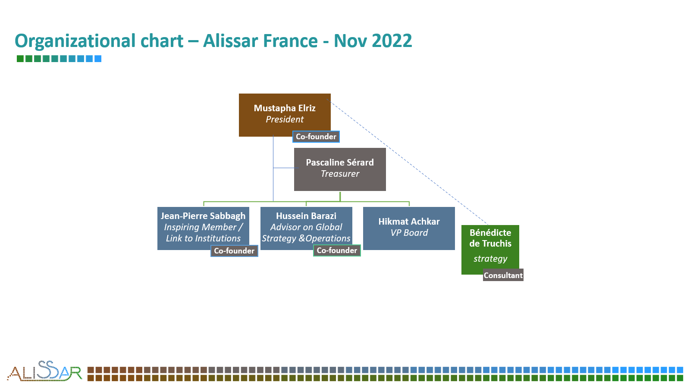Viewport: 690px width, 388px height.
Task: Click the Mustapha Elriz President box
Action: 285,115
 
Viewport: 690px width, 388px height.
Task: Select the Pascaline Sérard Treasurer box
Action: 340,169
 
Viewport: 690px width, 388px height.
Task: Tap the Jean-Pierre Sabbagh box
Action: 203,228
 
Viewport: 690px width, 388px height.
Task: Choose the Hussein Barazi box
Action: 306,228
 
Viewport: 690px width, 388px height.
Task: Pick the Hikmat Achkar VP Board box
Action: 409,228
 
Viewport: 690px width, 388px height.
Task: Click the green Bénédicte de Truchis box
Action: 490,250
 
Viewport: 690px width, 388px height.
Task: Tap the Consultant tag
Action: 503,275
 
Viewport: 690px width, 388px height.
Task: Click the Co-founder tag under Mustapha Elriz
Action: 316,137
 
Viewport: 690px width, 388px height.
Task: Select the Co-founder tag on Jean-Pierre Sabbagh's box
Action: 234,251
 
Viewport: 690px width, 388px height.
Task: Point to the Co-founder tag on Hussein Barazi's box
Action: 337,250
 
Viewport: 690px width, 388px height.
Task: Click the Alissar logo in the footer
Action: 45,371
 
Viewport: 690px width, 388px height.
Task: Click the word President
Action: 285,119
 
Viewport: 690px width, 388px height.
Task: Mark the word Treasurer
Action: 340,174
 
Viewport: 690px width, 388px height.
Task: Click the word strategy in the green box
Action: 490,259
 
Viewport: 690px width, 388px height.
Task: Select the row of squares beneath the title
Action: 59,59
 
